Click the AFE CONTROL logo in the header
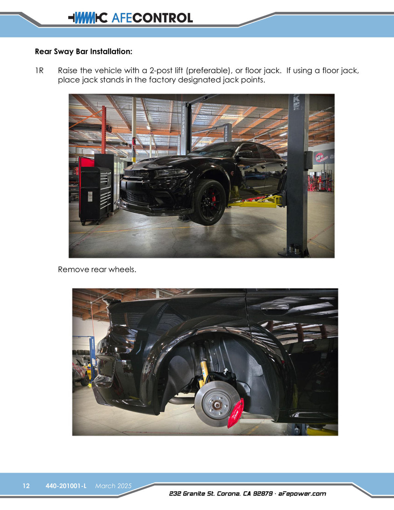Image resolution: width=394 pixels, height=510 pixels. [x=130, y=18]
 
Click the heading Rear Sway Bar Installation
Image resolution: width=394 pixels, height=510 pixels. [x=83, y=52]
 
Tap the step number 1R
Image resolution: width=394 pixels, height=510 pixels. [x=39, y=71]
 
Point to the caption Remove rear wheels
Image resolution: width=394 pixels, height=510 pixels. [x=97, y=269]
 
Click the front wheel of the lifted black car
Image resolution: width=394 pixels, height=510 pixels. [x=208, y=202]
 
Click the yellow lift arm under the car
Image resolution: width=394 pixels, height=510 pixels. [x=256, y=203]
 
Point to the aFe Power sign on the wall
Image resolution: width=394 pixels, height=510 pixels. [x=323, y=157]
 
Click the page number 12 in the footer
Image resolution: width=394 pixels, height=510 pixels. [x=26, y=486]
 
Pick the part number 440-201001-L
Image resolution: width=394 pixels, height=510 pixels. [x=66, y=486]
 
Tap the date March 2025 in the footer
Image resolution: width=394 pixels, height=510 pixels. [x=113, y=486]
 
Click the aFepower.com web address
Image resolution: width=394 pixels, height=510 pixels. [x=302, y=494]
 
